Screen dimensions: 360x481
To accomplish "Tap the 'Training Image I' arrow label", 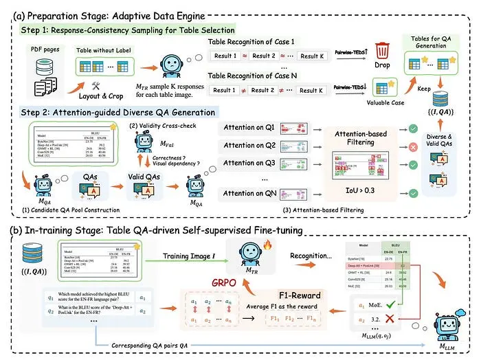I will click(x=189, y=256).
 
